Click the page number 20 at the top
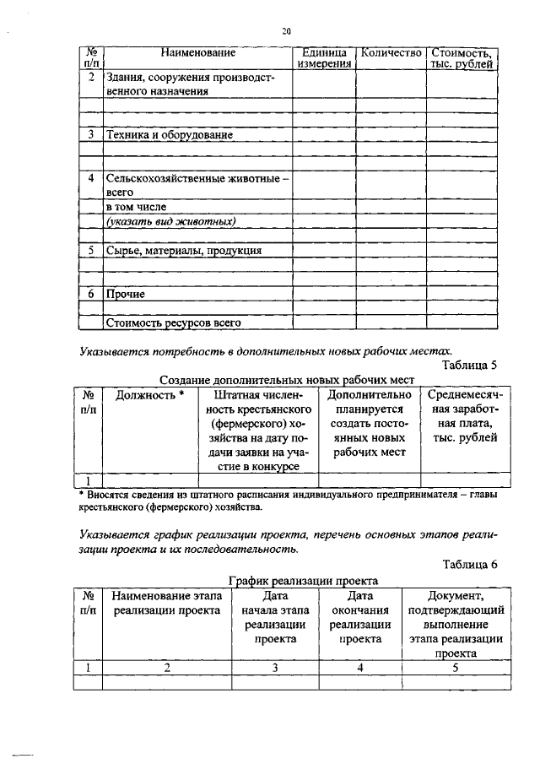[x=286, y=31]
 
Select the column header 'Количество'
[x=390, y=53]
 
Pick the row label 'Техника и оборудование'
[x=168, y=134]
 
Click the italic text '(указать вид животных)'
[x=170, y=221]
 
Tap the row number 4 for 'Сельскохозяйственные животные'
[x=91, y=179]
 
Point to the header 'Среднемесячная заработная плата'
[x=463, y=415]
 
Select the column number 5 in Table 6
[x=455, y=668]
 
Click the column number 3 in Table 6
[x=274, y=668]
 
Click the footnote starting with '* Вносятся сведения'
[x=287, y=501]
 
